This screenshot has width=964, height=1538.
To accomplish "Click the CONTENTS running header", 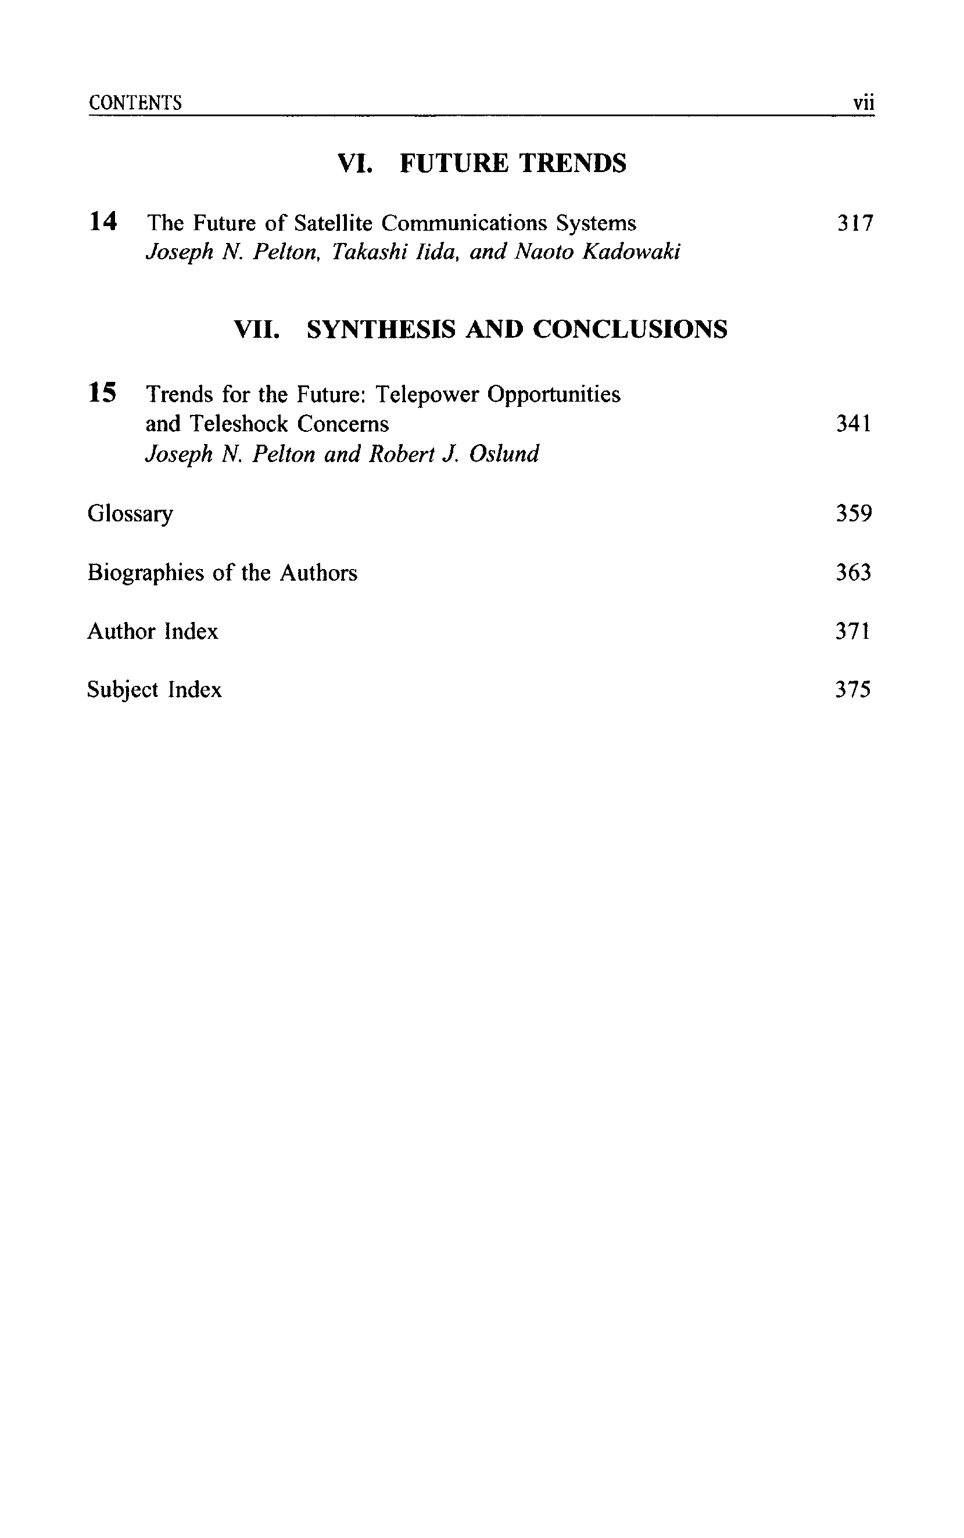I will click(135, 103).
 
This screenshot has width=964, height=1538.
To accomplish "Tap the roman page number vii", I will click(863, 103).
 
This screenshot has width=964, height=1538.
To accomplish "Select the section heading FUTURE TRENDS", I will click(513, 163).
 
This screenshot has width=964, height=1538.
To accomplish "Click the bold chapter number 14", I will click(103, 222).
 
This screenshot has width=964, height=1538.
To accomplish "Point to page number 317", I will click(854, 223).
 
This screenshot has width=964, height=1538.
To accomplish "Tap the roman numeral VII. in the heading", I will click(256, 329).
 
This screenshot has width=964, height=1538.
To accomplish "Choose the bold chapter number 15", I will click(103, 393).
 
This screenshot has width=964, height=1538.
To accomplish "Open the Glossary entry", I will click(130, 514).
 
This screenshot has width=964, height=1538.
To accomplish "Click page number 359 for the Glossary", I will click(853, 513).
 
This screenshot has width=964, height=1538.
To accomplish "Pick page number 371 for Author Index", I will click(852, 631).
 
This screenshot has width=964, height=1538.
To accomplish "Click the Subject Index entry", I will click(155, 690).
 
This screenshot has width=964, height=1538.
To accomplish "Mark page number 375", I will click(852, 690).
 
